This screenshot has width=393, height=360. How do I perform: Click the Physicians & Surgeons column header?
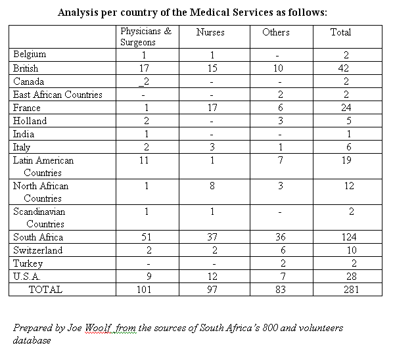(x=146, y=37)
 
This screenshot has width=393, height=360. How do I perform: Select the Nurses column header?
(x=210, y=32)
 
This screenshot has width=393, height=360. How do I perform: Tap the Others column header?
(x=276, y=32)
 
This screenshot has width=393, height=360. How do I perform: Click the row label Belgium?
(x=30, y=55)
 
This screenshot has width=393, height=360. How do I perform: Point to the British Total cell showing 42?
(x=343, y=68)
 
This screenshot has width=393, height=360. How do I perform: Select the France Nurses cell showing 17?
(x=212, y=108)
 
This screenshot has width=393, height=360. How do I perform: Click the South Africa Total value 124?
(x=349, y=237)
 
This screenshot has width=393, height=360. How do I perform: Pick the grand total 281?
(x=351, y=290)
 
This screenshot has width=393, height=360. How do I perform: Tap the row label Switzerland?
(x=38, y=250)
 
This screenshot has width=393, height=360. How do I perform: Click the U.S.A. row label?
(x=27, y=277)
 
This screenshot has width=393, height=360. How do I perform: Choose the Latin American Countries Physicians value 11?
(x=144, y=160)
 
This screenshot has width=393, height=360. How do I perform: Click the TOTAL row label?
(x=45, y=290)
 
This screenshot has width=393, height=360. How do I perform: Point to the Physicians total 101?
(x=144, y=290)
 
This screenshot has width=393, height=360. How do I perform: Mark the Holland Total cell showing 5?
(x=348, y=121)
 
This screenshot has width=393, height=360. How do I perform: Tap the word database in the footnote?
(x=32, y=340)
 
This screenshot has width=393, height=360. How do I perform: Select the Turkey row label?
(x=28, y=263)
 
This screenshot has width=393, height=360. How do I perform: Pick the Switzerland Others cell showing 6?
(x=283, y=250)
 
